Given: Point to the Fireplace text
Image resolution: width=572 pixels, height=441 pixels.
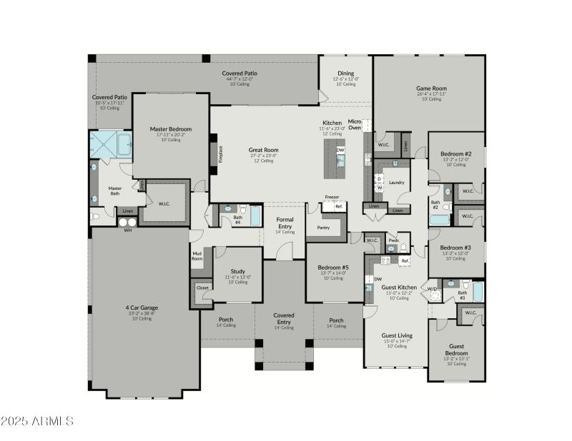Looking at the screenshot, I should [220, 154].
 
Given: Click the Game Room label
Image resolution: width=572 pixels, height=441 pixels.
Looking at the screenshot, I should [431, 89].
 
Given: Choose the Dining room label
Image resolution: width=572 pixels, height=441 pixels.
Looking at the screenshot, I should [345, 73].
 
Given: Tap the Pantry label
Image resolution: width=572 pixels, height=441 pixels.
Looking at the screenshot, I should [323, 228].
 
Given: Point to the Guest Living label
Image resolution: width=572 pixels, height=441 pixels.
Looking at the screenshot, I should [397, 335].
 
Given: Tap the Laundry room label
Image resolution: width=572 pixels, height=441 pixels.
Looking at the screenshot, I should [398, 183].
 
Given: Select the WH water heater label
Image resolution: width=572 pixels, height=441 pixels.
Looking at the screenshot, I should [128, 230].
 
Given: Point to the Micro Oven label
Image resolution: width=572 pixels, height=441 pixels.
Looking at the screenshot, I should [355, 125].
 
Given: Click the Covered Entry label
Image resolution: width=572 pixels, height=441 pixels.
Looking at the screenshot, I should [284, 318].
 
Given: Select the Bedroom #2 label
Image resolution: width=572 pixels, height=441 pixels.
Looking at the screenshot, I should [455, 154].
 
